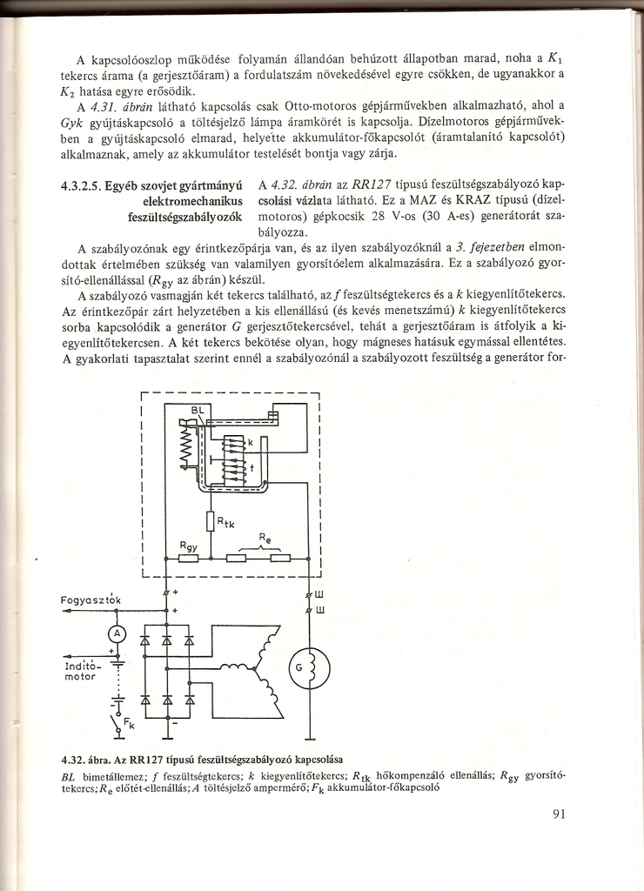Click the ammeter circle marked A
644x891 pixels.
[116, 633]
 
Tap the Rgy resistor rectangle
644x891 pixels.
[190, 559]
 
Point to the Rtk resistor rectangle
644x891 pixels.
[211, 521]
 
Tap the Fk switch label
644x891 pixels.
[129, 722]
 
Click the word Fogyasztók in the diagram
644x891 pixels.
[95, 600]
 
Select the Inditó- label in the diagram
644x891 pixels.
[84, 665]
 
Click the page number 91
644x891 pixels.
[560, 815]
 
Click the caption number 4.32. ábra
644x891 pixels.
[93, 755]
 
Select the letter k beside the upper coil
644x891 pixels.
[250, 443]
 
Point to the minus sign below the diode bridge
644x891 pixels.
[175, 722]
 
